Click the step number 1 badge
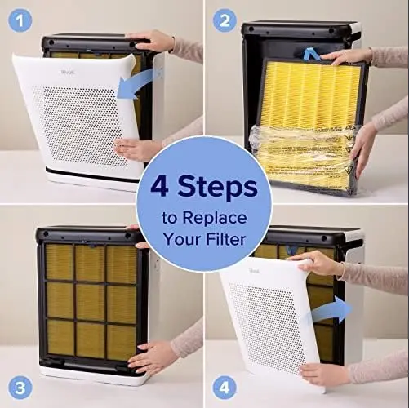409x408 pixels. (20, 20)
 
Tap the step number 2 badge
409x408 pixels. (225, 20)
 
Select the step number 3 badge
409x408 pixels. (20, 388)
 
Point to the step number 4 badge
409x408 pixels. (225, 388)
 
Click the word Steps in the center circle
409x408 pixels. (217, 187)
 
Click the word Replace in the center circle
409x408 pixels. (215, 218)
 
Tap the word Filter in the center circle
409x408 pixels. (225, 239)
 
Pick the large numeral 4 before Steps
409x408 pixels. (159, 186)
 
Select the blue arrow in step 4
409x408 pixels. (331, 310)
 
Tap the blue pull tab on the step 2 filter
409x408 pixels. (312, 55)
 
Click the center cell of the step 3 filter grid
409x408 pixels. (90, 301)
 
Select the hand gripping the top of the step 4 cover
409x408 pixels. (316, 263)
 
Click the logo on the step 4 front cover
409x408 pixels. (254, 271)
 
